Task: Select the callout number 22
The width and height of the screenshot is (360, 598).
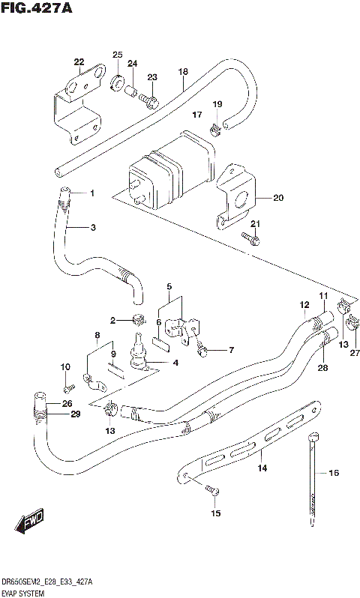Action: pos(79,62)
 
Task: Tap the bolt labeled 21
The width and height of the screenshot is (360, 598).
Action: pos(251,239)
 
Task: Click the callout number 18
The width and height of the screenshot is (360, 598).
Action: pos(182,72)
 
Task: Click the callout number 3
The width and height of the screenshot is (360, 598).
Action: pos(93,228)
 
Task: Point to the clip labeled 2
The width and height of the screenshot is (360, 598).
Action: pos(136,321)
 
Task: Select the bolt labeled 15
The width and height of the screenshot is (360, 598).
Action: pos(211,490)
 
